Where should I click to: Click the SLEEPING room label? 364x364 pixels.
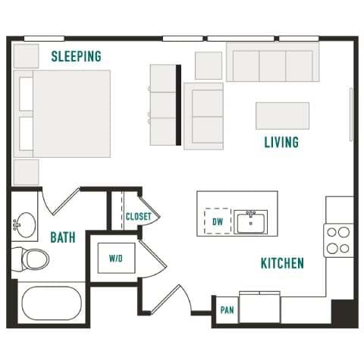click(76, 56)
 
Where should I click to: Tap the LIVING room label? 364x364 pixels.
click(281, 142)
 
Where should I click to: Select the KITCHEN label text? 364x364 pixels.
click(282, 263)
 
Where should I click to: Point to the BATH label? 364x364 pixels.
click(62, 237)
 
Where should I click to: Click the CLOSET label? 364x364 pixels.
click(138, 216)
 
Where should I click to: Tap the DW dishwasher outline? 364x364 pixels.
click(218, 221)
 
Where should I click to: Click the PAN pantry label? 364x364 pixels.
click(226, 310)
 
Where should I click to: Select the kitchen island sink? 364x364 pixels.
click(249, 222)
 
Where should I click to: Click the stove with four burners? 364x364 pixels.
click(338, 240)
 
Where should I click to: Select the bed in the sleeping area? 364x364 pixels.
click(64, 114)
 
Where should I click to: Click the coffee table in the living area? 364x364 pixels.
click(282, 116)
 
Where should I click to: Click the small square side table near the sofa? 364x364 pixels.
click(208, 65)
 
